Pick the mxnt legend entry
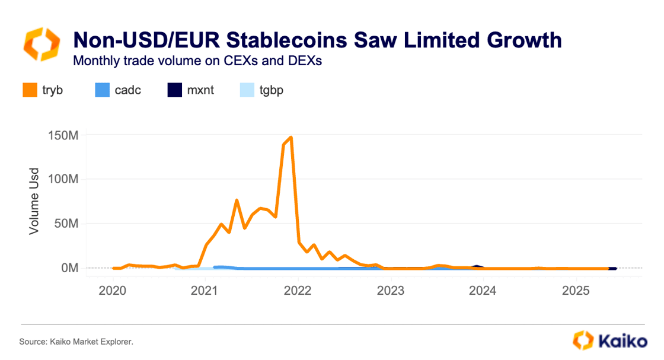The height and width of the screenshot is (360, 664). [x=201, y=91]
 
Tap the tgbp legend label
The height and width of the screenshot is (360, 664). [x=272, y=91]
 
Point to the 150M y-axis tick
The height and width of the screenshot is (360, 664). [x=63, y=135]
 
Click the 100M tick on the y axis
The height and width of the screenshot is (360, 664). [x=63, y=179]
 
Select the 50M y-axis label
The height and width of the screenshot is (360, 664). [x=65, y=224]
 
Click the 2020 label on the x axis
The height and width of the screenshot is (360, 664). [x=113, y=291]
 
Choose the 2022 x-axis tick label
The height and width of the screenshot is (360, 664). [x=298, y=291]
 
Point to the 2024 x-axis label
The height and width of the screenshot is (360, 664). [x=483, y=291]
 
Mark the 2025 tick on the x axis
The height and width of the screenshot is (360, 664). [x=575, y=291]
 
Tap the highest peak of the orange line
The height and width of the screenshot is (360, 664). [x=291, y=138]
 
